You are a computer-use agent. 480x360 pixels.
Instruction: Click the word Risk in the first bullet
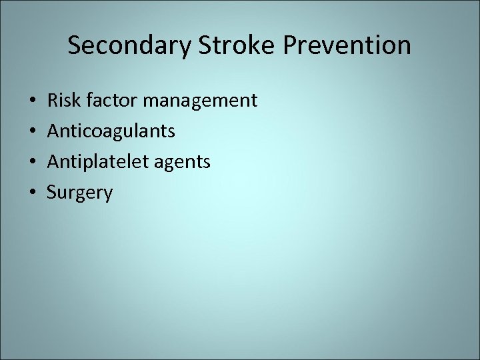pos(61,101)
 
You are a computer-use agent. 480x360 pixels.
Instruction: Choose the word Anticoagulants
pos(111,131)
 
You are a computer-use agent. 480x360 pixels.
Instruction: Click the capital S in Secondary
pos(75,45)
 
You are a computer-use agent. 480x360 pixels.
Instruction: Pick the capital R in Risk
pos(52,101)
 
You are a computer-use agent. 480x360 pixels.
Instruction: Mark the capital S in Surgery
pos(51,193)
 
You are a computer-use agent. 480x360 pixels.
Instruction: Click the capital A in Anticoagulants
pos(53,131)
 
